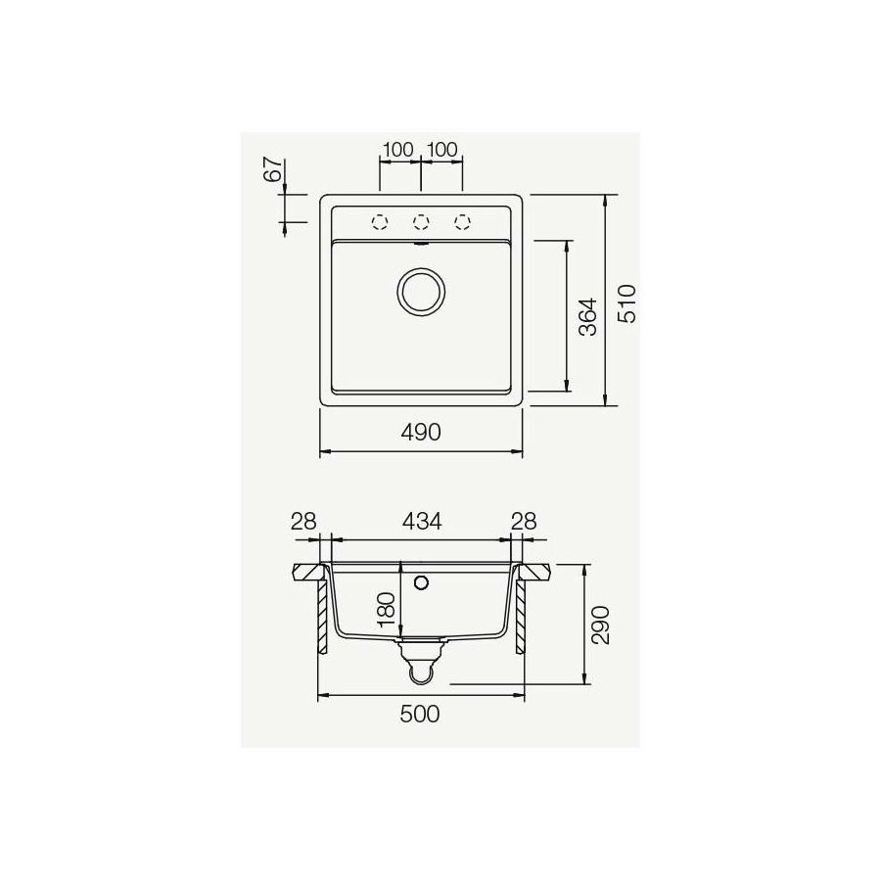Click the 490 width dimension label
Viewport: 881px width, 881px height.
point(422,432)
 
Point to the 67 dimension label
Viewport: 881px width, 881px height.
point(273,168)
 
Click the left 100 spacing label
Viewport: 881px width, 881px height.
point(397,150)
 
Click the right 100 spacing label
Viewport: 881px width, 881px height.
point(442,150)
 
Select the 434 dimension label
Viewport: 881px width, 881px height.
point(422,521)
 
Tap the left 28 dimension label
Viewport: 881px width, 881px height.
point(303,521)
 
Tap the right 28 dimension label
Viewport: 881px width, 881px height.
point(525,521)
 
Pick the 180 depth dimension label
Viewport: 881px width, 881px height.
point(386,609)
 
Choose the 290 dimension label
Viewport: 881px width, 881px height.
point(601,624)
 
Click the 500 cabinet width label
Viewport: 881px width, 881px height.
point(422,715)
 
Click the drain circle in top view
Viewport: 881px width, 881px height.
point(421,291)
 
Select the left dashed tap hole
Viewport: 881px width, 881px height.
point(380,221)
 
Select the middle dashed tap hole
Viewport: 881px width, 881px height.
point(421,221)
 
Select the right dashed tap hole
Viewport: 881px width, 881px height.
point(462,221)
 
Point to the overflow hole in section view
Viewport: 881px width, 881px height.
point(422,584)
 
